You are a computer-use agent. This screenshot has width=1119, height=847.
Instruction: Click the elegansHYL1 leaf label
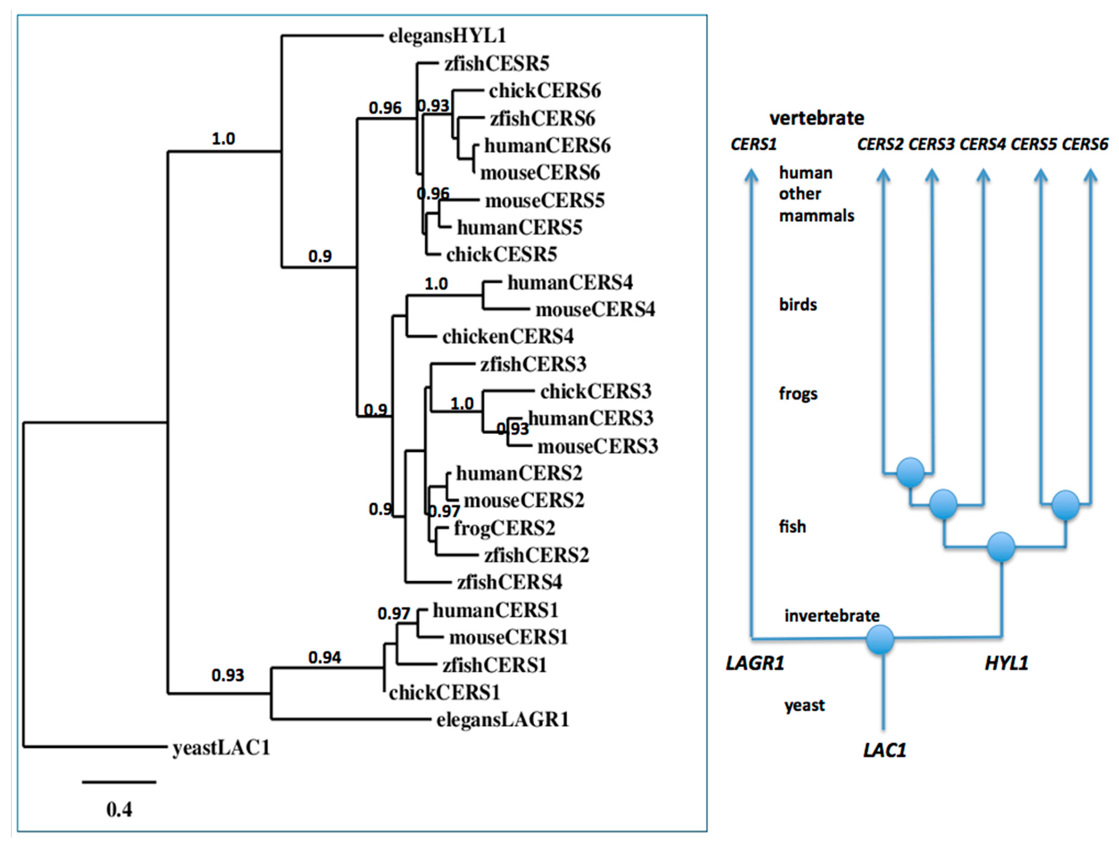click(x=447, y=36)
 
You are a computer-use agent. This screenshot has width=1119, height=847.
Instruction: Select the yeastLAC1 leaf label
click(x=221, y=747)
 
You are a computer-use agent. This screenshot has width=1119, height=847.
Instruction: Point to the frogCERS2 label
click(x=504, y=528)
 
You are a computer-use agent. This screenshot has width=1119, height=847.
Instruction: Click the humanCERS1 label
click(x=495, y=610)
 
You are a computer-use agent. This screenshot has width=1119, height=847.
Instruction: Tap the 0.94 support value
click(x=325, y=657)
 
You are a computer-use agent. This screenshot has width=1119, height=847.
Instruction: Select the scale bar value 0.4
click(x=119, y=809)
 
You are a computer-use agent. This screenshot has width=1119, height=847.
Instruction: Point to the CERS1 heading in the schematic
click(x=753, y=145)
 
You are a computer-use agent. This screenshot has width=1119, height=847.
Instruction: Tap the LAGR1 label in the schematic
click(x=755, y=663)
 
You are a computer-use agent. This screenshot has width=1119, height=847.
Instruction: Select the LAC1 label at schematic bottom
click(x=884, y=750)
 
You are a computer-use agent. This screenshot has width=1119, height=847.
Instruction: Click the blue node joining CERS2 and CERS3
click(x=910, y=472)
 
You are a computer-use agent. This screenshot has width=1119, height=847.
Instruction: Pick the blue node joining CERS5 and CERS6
click(x=1066, y=505)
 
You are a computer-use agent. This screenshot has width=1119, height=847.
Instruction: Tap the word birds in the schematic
click(x=798, y=305)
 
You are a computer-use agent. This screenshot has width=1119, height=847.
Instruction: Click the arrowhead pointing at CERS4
click(x=983, y=175)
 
